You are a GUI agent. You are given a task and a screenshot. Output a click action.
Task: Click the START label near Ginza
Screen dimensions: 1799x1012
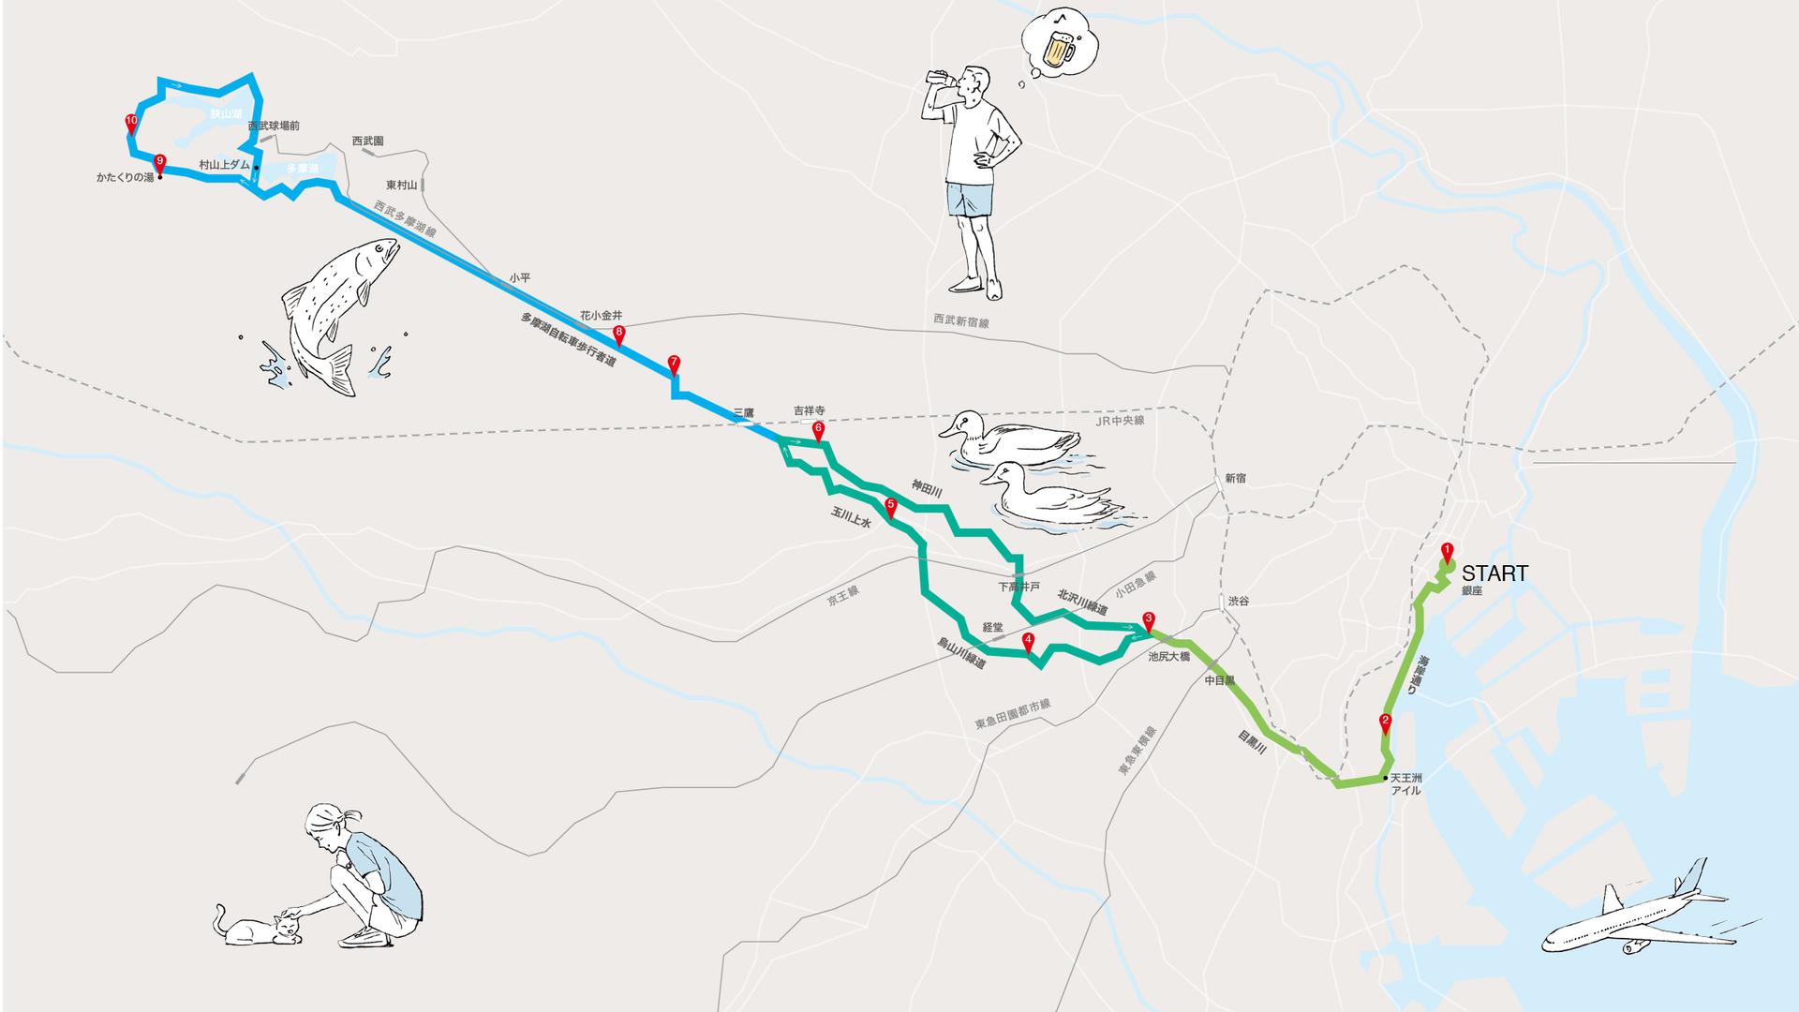coord(1494,573)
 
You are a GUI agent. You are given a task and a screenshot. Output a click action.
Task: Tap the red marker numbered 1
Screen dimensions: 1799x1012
coord(1447,551)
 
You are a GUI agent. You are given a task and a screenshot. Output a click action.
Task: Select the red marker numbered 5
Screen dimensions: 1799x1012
coord(890,506)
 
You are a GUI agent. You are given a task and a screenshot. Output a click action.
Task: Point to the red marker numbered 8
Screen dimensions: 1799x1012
coord(618,333)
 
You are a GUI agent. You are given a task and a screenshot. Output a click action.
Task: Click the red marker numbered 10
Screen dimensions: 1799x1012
coord(131,122)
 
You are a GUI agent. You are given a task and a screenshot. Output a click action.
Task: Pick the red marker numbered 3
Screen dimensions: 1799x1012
coord(1149,620)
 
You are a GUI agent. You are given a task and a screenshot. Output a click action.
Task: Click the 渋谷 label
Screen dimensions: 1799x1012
coord(1239,601)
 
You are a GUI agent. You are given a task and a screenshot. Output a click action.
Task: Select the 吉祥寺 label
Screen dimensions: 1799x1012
coord(810,410)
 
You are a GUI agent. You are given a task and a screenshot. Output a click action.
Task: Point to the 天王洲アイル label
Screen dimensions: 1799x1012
coord(1405,784)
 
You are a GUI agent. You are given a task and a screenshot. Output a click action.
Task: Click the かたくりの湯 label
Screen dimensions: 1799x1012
coord(125,177)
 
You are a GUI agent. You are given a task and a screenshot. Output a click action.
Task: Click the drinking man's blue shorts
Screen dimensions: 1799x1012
coord(970,199)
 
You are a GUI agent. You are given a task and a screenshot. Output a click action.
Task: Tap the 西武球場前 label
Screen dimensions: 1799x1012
coord(274,126)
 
